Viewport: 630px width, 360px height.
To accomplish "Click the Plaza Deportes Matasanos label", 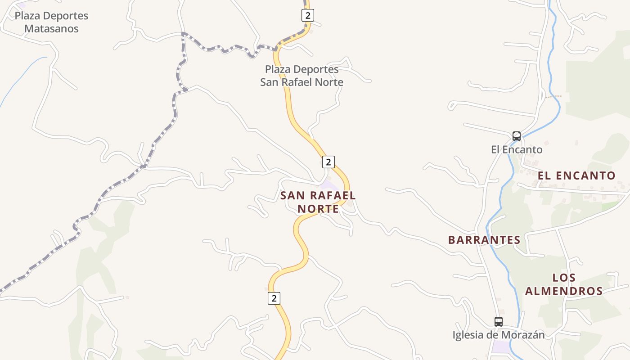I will [x=51, y=22].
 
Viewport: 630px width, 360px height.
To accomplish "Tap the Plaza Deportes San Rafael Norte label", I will [x=301, y=76].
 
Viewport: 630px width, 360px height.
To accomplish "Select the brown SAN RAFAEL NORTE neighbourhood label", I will [x=318, y=202].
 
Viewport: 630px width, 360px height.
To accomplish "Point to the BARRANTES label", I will [x=484, y=240].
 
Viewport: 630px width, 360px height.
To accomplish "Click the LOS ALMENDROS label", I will [x=564, y=284].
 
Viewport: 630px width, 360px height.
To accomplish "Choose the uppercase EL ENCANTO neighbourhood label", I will [x=576, y=175].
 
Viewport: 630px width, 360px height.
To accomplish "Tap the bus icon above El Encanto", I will [x=517, y=136].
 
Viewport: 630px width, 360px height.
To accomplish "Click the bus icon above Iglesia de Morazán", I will [x=498, y=322].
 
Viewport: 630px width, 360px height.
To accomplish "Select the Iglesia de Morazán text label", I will [x=498, y=335].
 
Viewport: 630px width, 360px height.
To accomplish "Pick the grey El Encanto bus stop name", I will [x=517, y=149].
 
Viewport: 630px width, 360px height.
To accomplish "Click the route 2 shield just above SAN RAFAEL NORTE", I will [x=329, y=162].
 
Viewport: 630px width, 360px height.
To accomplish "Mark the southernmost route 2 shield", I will [x=274, y=298].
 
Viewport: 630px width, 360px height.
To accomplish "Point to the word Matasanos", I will [x=51, y=29].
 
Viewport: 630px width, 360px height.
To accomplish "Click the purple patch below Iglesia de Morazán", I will [x=501, y=347].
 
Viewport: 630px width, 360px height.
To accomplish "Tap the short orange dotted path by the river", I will [x=553, y=96].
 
